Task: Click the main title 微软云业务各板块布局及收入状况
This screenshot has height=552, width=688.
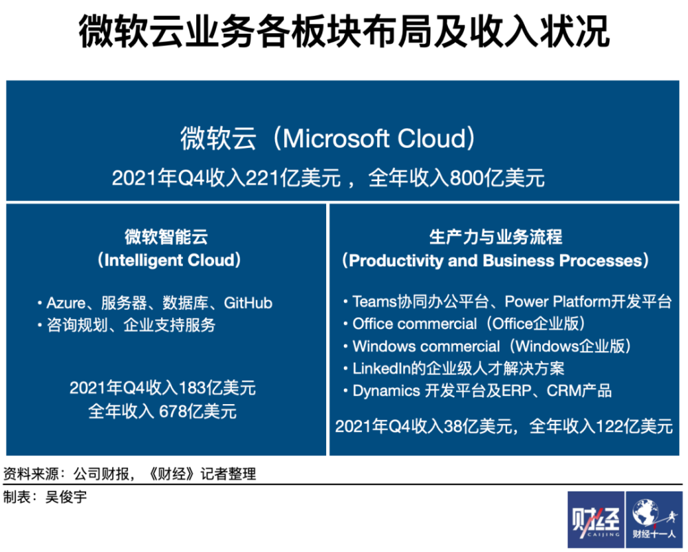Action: [344, 31]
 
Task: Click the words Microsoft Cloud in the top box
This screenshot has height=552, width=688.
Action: [374, 138]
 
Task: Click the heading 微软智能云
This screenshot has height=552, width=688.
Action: [166, 237]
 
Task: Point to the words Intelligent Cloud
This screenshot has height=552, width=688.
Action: [169, 260]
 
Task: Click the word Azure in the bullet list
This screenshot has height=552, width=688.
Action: [66, 303]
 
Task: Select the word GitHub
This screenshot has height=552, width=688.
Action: [248, 303]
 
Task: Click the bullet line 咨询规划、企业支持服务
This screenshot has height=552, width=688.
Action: [131, 325]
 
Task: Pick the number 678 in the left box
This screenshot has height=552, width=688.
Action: [173, 412]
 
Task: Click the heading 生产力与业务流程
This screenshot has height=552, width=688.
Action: [496, 237]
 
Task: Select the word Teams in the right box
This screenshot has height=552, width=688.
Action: [374, 301]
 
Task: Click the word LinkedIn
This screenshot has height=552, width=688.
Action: [381, 369]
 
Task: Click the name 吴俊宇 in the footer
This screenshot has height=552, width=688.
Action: [66, 497]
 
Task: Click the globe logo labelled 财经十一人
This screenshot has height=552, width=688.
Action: [654, 519]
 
